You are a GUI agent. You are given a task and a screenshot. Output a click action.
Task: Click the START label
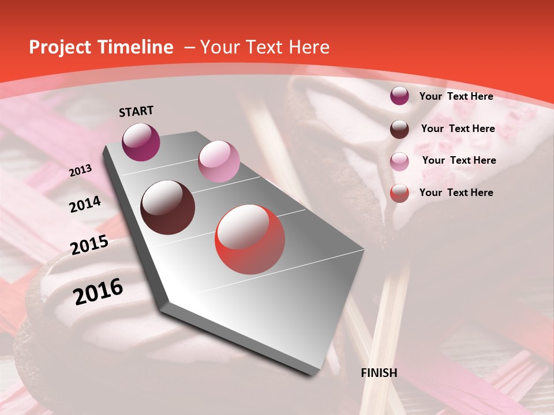[136, 111]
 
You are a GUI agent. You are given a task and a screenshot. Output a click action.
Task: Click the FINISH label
[379, 373]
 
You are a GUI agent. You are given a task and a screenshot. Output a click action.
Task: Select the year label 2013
[81, 171]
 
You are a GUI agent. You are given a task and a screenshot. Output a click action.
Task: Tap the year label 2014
[85, 205]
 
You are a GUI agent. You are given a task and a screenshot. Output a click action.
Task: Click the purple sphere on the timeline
[141, 142]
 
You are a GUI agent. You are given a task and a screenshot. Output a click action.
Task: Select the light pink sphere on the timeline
[219, 161]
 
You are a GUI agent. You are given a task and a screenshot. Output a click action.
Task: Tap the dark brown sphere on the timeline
[168, 207]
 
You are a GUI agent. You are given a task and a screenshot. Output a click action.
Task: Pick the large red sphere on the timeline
[250, 239]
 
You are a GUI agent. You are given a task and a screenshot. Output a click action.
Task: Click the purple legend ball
[399, 96]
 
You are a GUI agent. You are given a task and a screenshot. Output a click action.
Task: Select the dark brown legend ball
[399, 129]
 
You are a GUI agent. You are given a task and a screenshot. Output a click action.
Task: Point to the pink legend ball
[399, 161]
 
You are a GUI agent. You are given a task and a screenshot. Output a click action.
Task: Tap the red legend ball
[399, 193]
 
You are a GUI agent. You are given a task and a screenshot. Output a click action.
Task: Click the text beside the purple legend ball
[456, 96]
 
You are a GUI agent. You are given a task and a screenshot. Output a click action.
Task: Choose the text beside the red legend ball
[456, 193]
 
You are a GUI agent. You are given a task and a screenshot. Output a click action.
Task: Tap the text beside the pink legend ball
[459, 160]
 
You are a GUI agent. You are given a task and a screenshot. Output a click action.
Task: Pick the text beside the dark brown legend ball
[458, 129]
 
